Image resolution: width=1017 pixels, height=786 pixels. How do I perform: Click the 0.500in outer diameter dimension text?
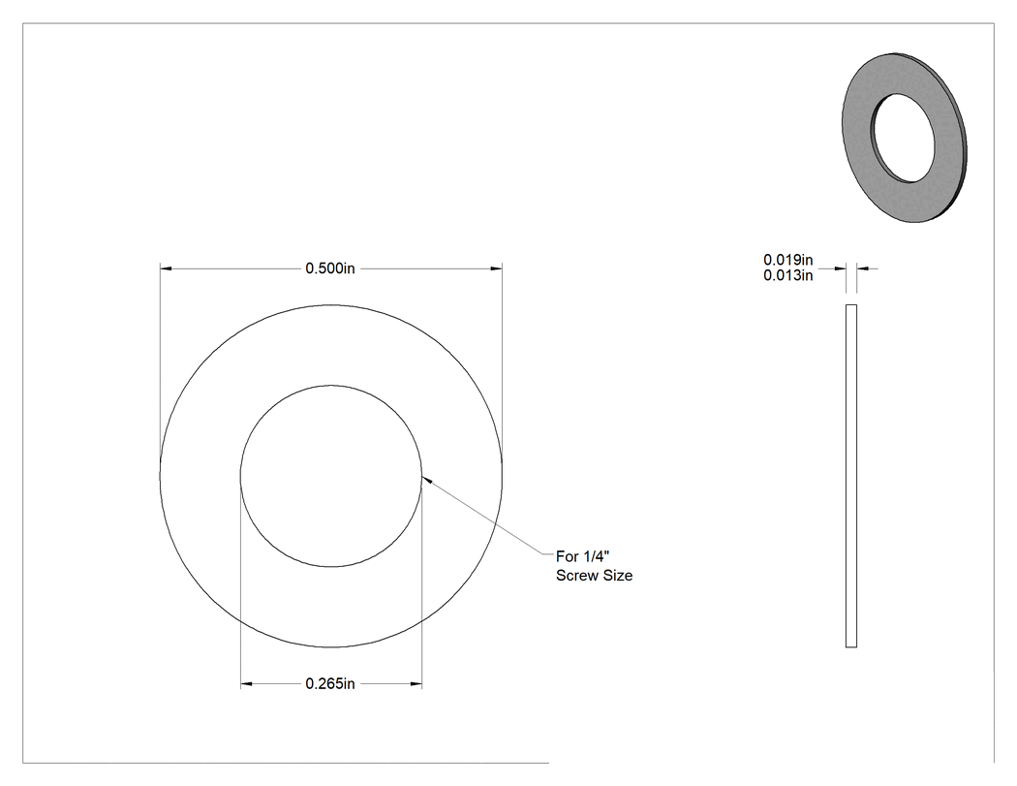(x=330, y=268)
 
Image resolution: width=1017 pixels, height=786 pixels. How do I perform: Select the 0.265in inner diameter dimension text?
(x=330, y=683)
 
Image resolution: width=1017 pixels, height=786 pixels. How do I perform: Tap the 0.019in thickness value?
(x=788, y=260)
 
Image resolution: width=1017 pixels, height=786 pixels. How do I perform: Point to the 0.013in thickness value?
(x=788, y=275)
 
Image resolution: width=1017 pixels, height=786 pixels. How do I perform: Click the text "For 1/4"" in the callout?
(x=583, y=556)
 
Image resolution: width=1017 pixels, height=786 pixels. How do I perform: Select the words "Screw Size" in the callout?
(x=594, y=575)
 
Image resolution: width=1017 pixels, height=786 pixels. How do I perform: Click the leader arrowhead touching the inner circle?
(x=427, y=479)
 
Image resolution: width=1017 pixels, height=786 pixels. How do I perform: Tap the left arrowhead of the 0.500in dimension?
(x=166, y=268)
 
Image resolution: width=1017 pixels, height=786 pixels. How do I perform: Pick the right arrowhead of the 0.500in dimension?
(x=496, y=268)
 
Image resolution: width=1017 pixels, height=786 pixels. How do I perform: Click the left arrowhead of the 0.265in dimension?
(x=246, y=683)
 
